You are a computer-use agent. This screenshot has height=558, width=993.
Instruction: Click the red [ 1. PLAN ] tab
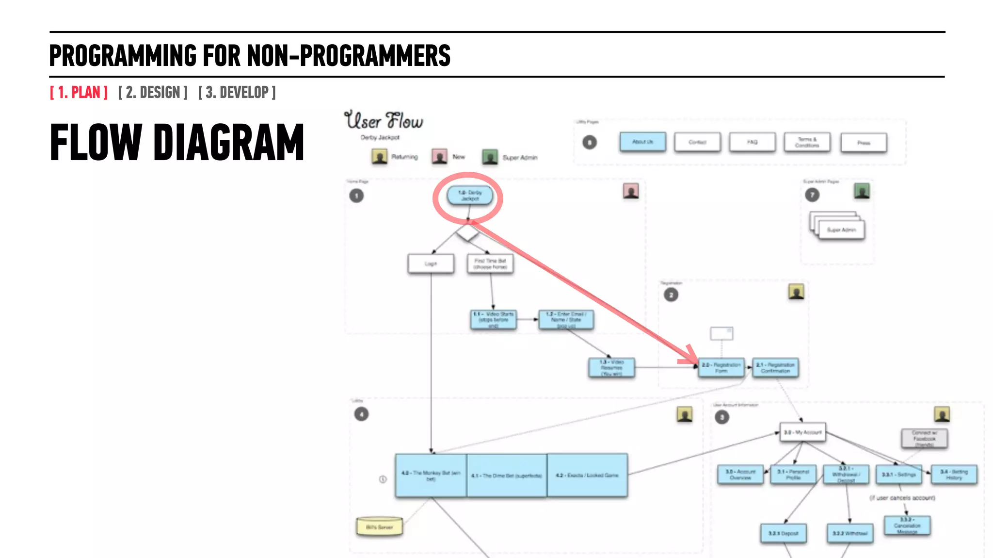(x=79, y=92)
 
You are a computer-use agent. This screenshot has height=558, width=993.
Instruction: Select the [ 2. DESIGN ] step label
(x=153, y=92)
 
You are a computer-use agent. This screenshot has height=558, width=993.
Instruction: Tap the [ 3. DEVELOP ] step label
(x=237, y=92)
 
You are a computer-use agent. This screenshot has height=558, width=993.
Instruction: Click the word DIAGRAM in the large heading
(x=228, y=143)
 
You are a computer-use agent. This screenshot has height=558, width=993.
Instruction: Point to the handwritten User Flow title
(x=384, y=120)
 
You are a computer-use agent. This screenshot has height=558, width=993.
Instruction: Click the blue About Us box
(x=642, y=142)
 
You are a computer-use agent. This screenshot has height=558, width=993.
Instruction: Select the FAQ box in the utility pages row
(x=752, y=142)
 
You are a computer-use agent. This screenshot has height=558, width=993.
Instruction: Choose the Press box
(x=864, y=143)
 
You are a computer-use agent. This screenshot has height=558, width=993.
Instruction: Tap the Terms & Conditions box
(x=807, y=142)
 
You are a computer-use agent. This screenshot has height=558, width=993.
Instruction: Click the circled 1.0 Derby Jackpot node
(x=469, y=196)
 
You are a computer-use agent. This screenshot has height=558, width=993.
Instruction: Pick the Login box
(x=431, y=263)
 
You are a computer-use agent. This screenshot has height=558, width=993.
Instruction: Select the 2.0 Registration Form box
(x=721, y=367)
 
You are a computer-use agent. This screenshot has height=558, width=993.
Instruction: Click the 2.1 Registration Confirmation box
(x=775, y=367)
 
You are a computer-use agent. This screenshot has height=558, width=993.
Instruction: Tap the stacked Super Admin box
(x=841, y=229)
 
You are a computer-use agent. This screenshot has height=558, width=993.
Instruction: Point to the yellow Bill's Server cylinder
(x=379, y=526)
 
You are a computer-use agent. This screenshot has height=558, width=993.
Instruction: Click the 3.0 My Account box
(x=802, y=432)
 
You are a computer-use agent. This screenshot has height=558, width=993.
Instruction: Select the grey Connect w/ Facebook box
(x=924, y=438)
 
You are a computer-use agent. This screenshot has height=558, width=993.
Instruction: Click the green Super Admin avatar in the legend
(x=490, y=157)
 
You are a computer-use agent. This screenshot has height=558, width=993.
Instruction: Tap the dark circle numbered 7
(x=812, y=195)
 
